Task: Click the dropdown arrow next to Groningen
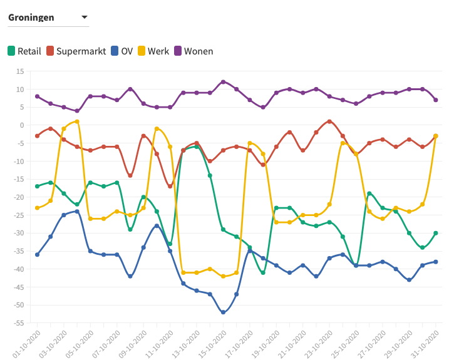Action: click(x=85, y=17)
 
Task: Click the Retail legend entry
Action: click(x=24, y=51)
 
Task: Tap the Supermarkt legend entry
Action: click(x=76, y=51)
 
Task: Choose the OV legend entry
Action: click(x=121, y=51)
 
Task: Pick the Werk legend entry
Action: click(x=153, y=51)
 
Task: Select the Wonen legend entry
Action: click(x=193, y=51)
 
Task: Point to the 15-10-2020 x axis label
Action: click(x=214, y=343)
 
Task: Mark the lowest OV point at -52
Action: click(x=223, y=312)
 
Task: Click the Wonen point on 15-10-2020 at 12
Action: click(x=223, y=82)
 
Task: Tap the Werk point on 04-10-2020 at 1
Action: click(x=77, y=121)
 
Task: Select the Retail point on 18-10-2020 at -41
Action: click(x=263, y=272)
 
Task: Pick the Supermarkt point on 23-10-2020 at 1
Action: click(x=329, y=121)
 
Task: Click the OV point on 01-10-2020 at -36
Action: click(x=38, y=255)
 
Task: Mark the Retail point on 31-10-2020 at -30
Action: click(x=436, y=233)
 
